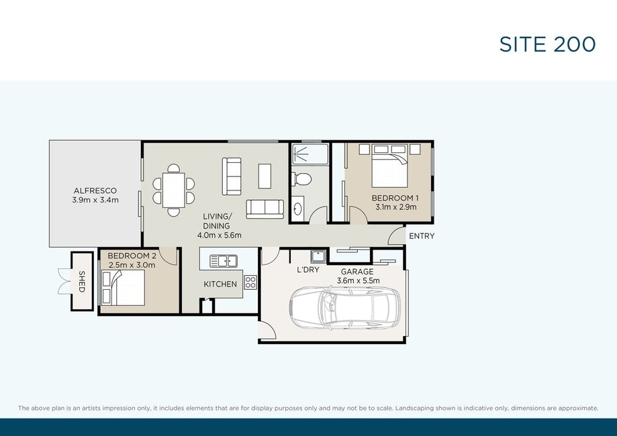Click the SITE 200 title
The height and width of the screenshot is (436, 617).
point(547,44)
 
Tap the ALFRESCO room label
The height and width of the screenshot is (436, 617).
point(95,190)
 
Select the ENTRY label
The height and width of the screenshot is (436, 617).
point(422,236)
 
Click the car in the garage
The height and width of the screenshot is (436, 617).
point(344,307)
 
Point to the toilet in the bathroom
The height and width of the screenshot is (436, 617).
point(302,179)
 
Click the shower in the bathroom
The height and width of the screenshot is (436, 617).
point(310,154)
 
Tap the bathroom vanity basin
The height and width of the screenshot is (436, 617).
point(297,209)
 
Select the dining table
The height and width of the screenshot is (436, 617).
point(173,190)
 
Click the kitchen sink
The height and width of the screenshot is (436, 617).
point(223,261)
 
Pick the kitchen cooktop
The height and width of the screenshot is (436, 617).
point(250,282)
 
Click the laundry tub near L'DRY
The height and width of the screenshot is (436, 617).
point(318,256)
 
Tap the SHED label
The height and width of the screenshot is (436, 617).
point(82,282)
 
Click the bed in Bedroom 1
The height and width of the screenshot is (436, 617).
point(389,166)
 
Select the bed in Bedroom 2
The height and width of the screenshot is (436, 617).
point(123,287)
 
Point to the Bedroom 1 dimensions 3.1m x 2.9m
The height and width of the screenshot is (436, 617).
point(396,207)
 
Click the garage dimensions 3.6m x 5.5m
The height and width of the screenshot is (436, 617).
point(358,280)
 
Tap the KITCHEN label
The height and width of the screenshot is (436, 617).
point(220,284)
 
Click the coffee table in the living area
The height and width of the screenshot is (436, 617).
point(265,176)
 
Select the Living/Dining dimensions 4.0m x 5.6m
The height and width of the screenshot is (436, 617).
point(219,235)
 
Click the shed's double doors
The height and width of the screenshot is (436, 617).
point(64,282)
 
